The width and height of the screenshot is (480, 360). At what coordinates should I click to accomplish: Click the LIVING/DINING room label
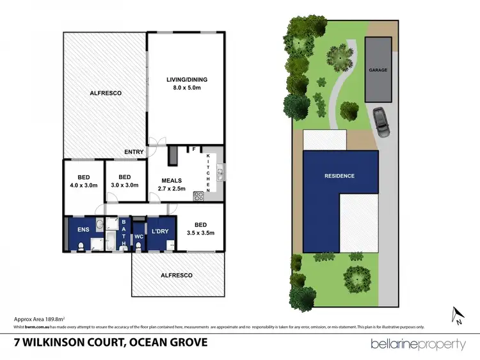[187, 80]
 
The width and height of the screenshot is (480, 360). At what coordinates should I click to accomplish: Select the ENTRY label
[134, 152]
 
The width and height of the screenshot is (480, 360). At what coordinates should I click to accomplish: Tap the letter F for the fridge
[193, 150]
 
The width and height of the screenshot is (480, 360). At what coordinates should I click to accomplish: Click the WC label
[139, 237]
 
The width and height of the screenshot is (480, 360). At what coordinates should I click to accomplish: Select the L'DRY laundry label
[159, 227]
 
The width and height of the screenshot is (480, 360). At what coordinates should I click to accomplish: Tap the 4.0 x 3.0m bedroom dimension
[83, 185]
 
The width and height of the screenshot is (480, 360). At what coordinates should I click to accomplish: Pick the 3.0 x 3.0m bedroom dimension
[125, 185]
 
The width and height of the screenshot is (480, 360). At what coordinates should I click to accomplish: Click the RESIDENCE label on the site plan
[339, 176]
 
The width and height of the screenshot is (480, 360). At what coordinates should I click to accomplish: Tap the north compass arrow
[456, 314]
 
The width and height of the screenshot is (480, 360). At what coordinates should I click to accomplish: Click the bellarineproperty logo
[419, 345]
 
